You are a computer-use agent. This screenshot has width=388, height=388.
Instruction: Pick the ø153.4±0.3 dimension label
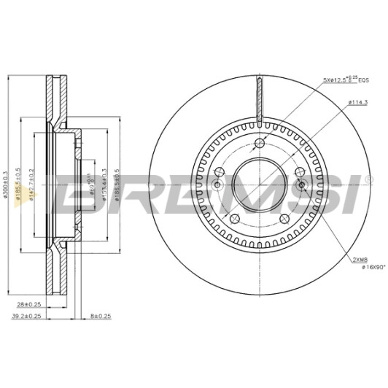coord(104,190)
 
